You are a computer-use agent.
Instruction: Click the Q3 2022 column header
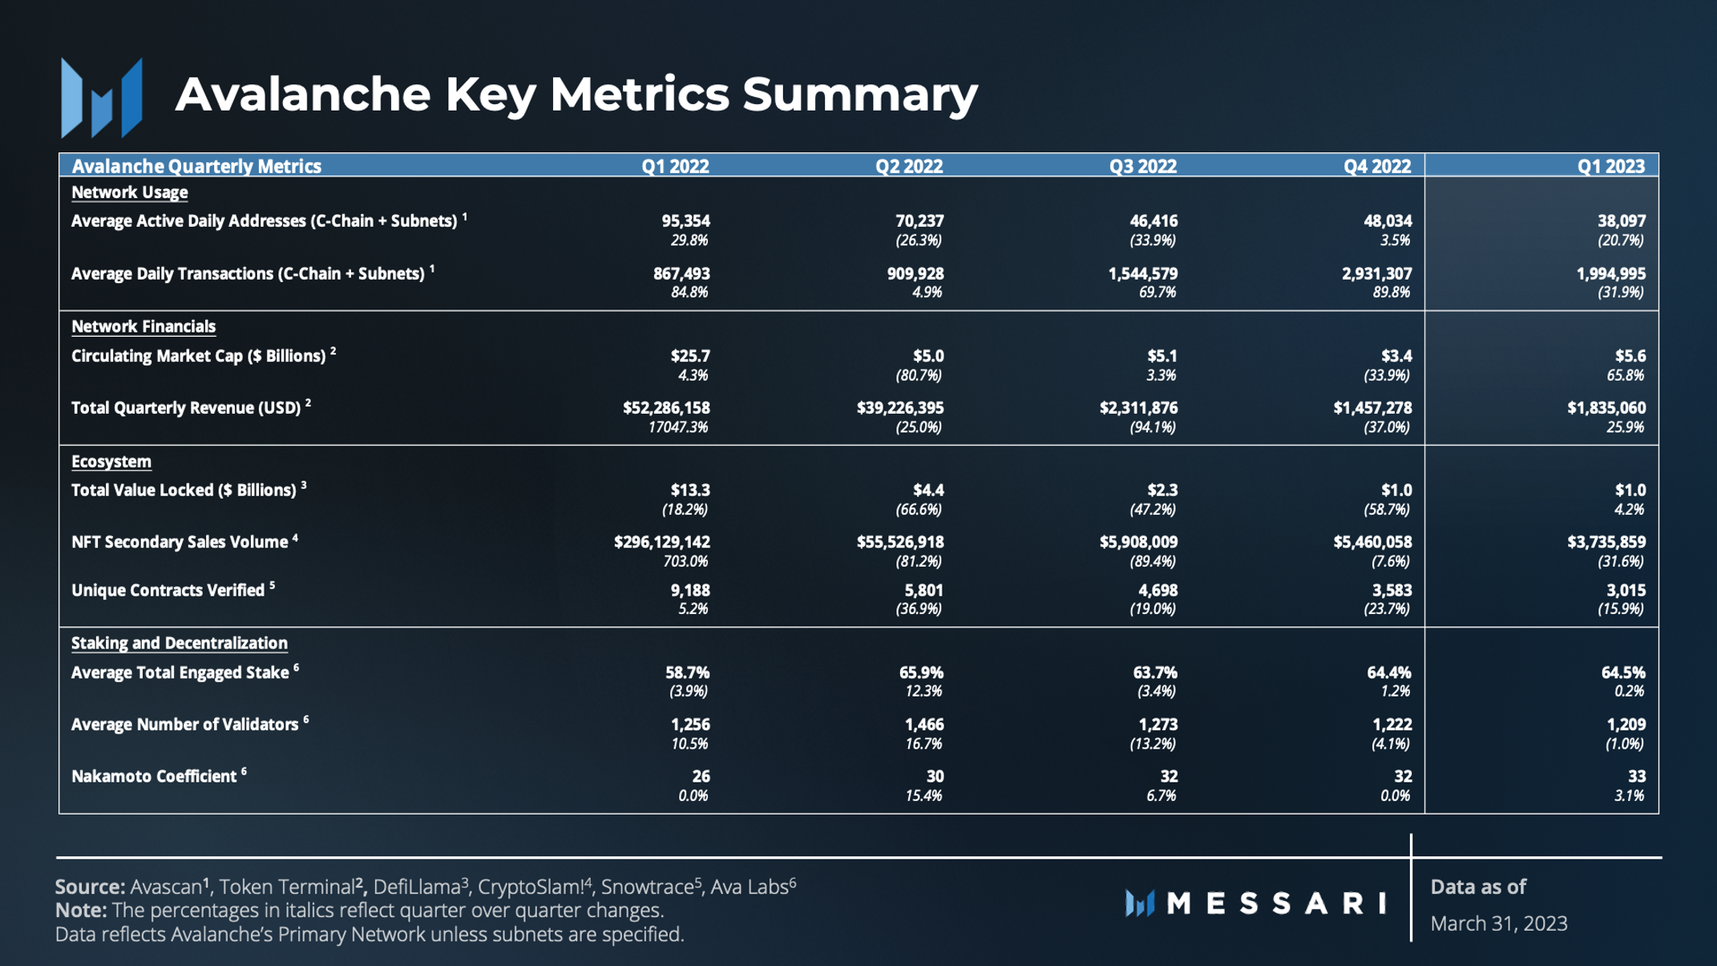tap(1142, 166)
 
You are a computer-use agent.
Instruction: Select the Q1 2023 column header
tap(1610, 166)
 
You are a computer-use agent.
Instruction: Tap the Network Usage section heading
tap(130, 192)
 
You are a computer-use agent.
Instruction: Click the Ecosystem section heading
tap(111, 462)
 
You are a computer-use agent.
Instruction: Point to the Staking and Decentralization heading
tap(180, 643)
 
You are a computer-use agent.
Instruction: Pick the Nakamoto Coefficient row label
tap(154, 777)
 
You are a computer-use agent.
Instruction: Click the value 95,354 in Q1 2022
tap(685, 221)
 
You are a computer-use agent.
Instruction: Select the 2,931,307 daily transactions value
tap(1376, 274)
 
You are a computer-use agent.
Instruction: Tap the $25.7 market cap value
tap(690, 356)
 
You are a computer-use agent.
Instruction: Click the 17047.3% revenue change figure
tap(678, 427)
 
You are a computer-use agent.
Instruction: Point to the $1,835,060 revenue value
tap(1606, 408)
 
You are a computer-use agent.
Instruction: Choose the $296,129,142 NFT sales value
tap(662, 543)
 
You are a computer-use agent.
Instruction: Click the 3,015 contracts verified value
tap(1626, 591)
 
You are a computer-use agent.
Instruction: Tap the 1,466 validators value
tap(924, 725)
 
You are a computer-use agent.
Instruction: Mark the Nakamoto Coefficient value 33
tap(1637, 777)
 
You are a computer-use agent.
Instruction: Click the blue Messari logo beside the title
tap(102, 98)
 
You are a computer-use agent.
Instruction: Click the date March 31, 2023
tap(1499, 924)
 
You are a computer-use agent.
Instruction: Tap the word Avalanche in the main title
tap(303, 95)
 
